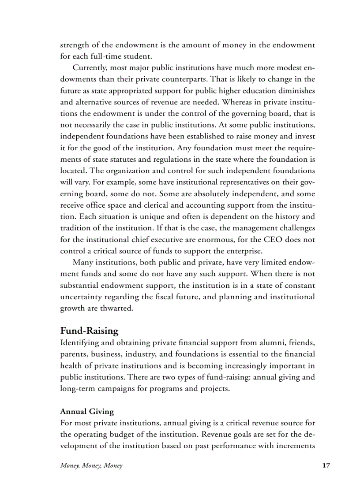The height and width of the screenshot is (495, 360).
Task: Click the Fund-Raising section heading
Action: click(x=89, y=331)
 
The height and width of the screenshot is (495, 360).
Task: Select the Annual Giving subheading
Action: click(x=86, y=412)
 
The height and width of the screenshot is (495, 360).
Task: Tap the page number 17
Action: click(x=326, y=465)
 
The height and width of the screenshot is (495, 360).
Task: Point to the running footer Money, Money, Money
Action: click(x=91, y=465)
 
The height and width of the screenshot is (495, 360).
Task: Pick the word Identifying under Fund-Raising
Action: click(x=81, y=343)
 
